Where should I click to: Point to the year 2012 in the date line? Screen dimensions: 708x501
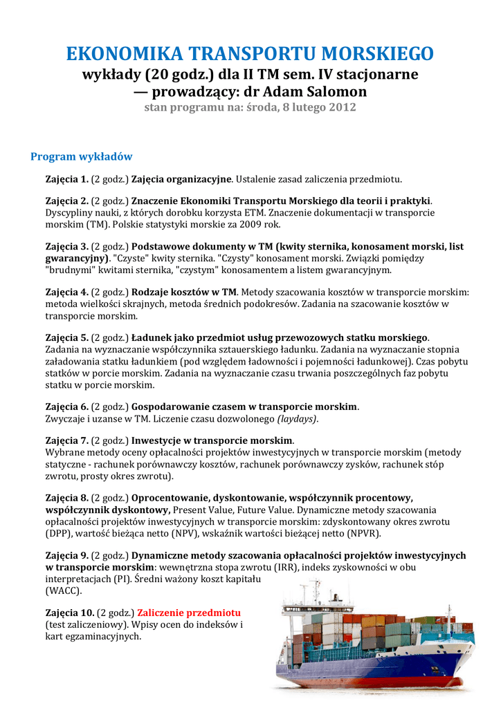[342, 107]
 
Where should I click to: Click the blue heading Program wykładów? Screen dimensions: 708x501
[82, 157]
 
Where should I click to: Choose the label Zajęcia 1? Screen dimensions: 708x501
[67, 179]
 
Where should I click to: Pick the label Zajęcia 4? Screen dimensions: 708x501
[67, 292]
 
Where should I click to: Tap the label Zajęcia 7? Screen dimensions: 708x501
[67, 440]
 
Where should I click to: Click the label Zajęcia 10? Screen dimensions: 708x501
[70, 613]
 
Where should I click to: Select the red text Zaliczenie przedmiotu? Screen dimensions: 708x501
[189, 613]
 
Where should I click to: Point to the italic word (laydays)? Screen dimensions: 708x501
[298, 418]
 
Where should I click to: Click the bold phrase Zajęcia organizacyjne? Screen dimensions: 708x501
[181, 179]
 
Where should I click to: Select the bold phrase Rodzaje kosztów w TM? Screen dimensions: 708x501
[184, 292]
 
